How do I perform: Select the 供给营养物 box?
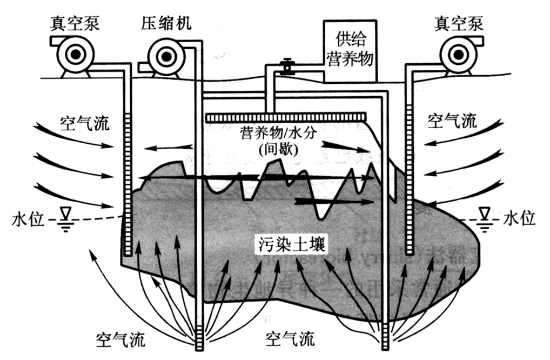(x=350, y=50)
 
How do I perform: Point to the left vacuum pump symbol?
(x=76, y=54)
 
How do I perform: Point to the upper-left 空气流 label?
(x=84, y=122)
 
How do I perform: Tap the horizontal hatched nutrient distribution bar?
(x=286, y=116)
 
